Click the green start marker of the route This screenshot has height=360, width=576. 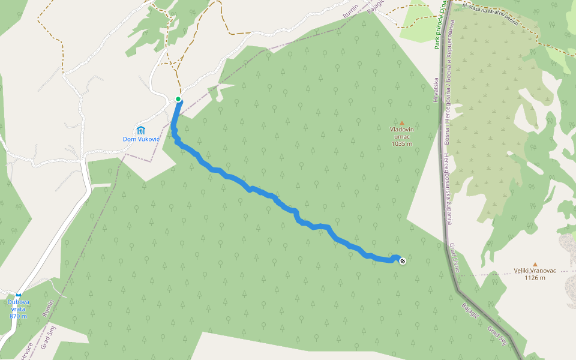click(x=178, y=99)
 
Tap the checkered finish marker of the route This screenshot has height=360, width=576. click(x=403, y=260)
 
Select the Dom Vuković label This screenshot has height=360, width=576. click(x=141, y=139)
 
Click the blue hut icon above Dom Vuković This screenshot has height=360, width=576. click(x=141, y=130)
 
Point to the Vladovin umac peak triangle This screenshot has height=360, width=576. click(x=402, y=122)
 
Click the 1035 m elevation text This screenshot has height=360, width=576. click(x=402, y=143)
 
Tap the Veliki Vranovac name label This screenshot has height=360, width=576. click(x=535, y=271)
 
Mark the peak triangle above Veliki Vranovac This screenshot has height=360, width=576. click(x=535, y=264)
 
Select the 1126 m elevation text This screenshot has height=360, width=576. click(x=535, y=278)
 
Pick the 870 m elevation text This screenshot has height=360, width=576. click(x=18, y=316)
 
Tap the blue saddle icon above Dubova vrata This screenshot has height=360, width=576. click(x=19, y=295)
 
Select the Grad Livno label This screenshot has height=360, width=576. click(x=454, y=257)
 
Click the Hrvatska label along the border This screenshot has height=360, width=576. click(x=436, y=89)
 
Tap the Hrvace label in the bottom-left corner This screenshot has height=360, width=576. click(x=26, y=350)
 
